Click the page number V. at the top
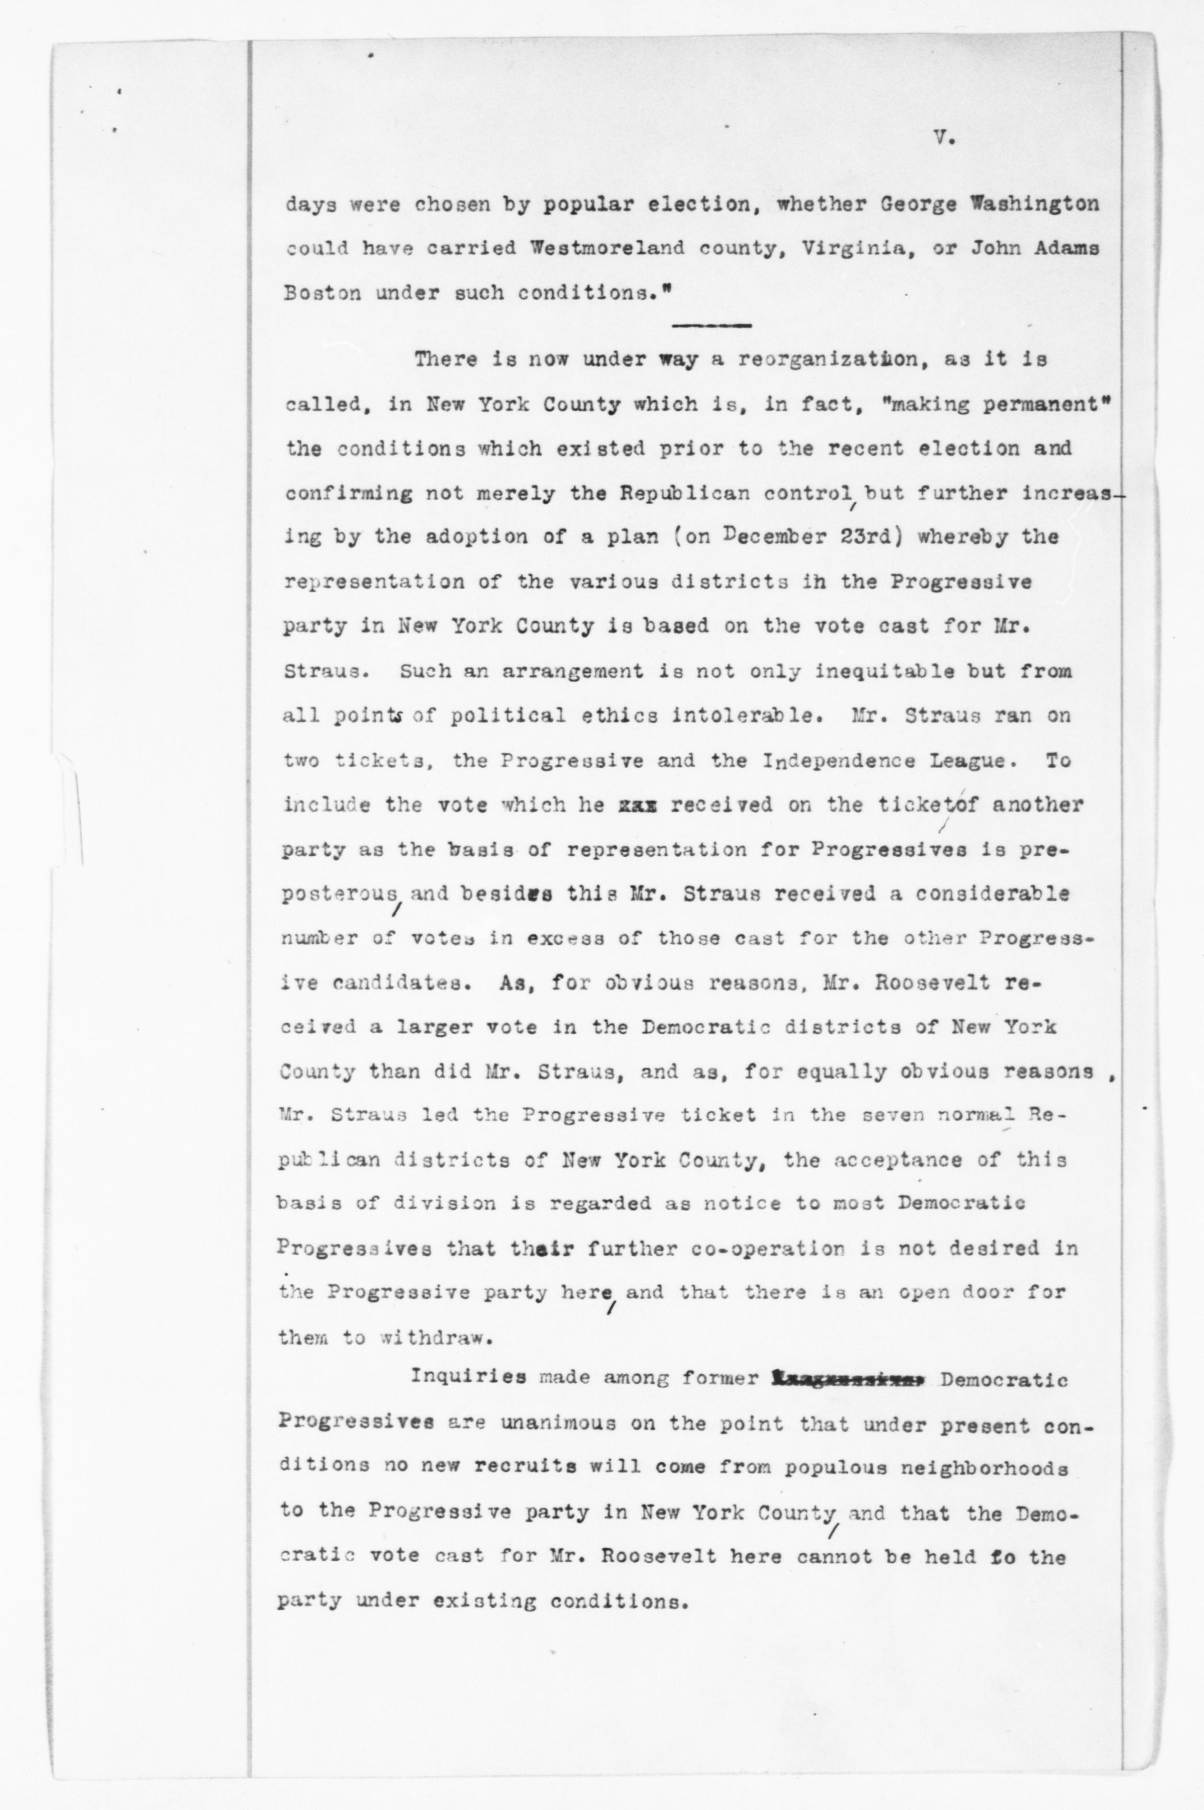point(943,140)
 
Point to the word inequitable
point(879,671)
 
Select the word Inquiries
point(468,1378)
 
